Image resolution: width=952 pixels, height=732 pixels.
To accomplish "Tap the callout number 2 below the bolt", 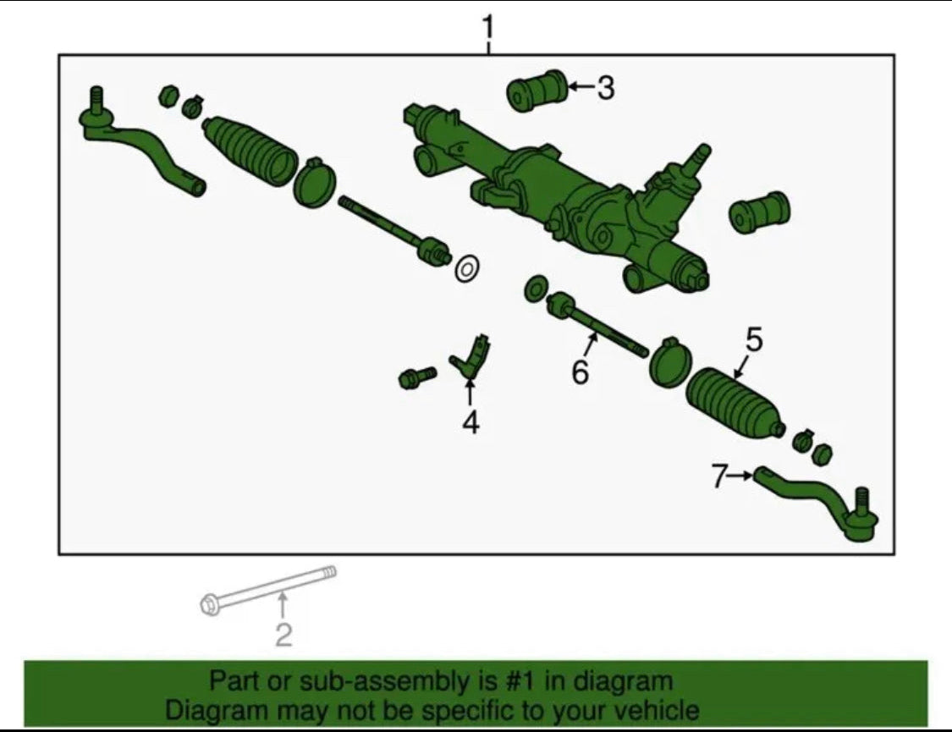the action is (283, 635).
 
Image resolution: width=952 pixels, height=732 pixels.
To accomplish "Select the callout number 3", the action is (605, 88).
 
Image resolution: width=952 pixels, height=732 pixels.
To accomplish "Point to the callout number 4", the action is (470, 422).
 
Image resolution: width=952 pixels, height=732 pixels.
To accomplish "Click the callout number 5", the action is (753, 340).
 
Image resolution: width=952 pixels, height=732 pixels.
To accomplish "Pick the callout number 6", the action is (580, 372).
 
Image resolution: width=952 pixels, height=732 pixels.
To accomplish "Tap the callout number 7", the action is (718, 476).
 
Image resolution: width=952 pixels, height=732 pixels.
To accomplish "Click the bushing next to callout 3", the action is (537, 91).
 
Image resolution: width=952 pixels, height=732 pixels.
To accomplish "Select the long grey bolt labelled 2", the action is (268, 590).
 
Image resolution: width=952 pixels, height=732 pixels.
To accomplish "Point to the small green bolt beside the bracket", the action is (416, 377).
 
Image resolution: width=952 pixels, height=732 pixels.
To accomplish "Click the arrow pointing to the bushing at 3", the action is (581, 88).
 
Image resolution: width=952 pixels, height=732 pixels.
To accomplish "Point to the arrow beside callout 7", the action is (740, 476).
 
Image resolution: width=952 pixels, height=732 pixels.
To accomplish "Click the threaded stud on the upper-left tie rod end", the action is (96, 99).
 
